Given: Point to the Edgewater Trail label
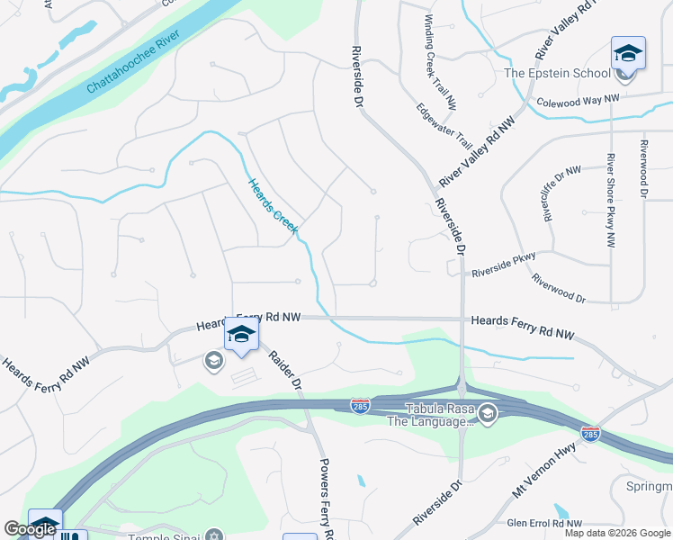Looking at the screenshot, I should coord(444,125).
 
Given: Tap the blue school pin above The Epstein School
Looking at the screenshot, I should coord(627,54).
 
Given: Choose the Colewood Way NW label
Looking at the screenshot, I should coord(579,101).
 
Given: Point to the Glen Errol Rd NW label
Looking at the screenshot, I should coord(545,523).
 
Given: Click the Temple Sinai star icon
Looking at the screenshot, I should coord(213,535).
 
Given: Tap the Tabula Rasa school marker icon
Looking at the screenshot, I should coord(488,414).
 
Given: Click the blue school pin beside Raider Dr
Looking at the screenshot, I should coord(241,335).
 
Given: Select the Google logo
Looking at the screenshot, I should coord(30,529).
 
